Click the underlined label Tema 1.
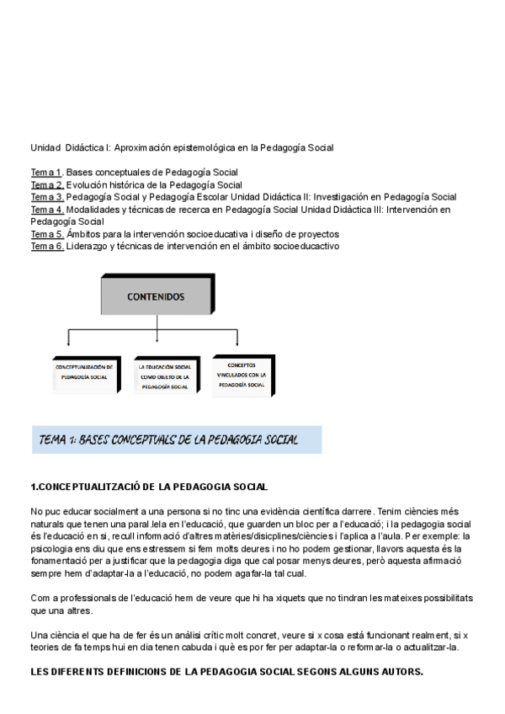coord(47,173)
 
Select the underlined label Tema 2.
coord(47,184)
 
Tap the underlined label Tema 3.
coord(47,197)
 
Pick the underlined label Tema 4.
coord(47,209)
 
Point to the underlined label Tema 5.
coord(47,233)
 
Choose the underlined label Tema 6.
coord(47,246)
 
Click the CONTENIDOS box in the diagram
coord(156,297)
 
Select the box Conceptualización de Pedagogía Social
coord(84,372)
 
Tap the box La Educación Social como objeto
coord(164,373)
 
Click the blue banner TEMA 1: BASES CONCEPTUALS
coord(177,440)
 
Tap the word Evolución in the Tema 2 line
coord(87,184)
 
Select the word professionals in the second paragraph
coord(82,597)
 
